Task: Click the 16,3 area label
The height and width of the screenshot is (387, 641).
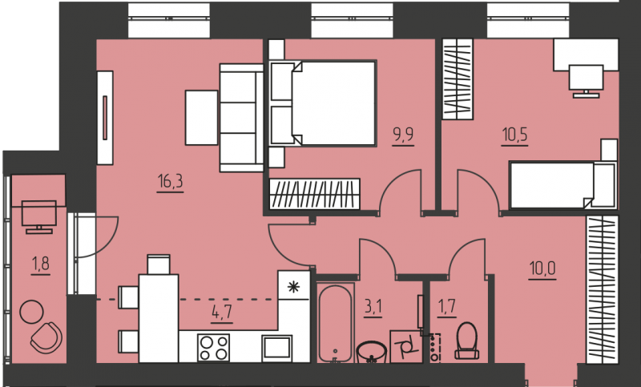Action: (x=170, y=181)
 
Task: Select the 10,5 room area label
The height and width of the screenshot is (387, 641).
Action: (x=514, y=135)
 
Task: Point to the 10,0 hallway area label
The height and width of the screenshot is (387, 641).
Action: (x=542, y=268)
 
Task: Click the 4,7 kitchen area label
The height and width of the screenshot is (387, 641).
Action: (x=222, y=312)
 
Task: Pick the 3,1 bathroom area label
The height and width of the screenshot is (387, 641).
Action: (x=373, y=307)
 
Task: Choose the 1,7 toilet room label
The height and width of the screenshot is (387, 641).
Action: (x=447, y=306)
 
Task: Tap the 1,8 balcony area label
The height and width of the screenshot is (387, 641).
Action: (x=41, y=264)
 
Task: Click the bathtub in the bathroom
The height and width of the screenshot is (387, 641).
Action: (x=335, y=323)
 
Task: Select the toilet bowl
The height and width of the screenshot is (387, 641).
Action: (x=467, y=341)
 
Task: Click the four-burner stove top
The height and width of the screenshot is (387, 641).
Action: (x=213, y=348)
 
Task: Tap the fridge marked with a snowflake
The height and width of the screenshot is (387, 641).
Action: (x=293, y=285)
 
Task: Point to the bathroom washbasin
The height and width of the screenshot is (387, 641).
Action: (x=372, y=353)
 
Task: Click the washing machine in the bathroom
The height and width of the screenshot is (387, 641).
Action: (x=406, y=347)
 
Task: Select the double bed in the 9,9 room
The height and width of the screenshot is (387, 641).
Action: (x=323, y=103)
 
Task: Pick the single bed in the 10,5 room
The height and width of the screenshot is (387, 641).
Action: (x=563, y=185)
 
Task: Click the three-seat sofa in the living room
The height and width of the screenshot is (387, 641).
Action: (x=241, y=118)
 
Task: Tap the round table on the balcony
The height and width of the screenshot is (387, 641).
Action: (x=31, y=312)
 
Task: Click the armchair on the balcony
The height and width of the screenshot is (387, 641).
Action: (x=46, y=337)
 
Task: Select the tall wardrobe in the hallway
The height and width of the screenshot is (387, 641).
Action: (x=602, y=289)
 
